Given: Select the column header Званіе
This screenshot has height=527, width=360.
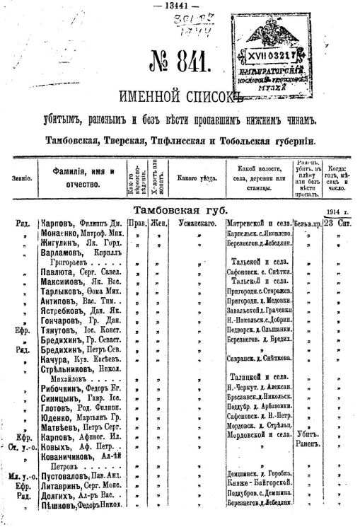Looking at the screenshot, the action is click(21, 178).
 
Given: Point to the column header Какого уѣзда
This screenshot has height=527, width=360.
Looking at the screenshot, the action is click(197, 178).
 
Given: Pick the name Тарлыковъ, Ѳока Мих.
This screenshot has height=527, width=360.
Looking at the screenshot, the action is click(81, 290).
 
